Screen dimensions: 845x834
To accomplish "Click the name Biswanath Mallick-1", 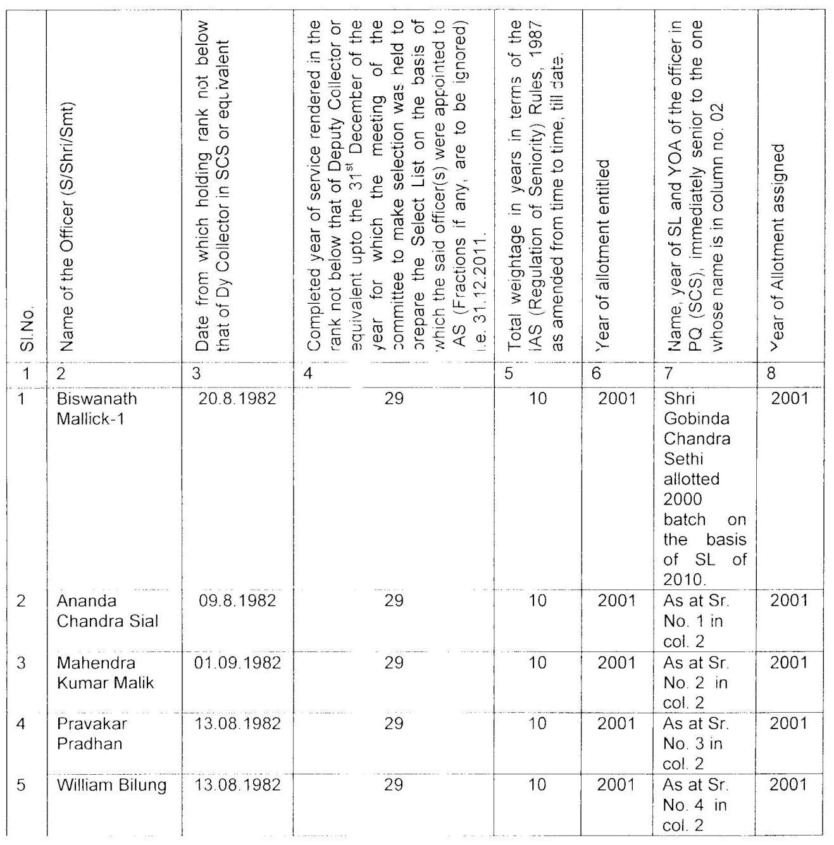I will coord(96,409).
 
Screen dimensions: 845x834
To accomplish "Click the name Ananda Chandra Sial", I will coord(107,610).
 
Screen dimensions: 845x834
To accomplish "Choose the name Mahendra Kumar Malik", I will coord(105,673).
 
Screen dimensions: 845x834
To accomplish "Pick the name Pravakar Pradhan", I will coord(92,733).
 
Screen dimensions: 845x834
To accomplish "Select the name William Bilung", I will coord(112,786).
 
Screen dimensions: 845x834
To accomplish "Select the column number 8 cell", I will coord(771,373).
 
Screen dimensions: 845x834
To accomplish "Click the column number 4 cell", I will coord(308,373).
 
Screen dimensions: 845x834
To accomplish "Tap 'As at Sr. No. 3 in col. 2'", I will coord(695,744).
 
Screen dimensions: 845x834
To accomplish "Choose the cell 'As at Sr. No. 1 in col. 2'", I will coord(695,621).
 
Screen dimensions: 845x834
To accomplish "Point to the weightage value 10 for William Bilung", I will coord(537,786).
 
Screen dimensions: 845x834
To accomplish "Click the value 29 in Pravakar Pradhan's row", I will coord(394,723).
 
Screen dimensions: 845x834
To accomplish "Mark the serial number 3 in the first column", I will coord(22,663).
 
